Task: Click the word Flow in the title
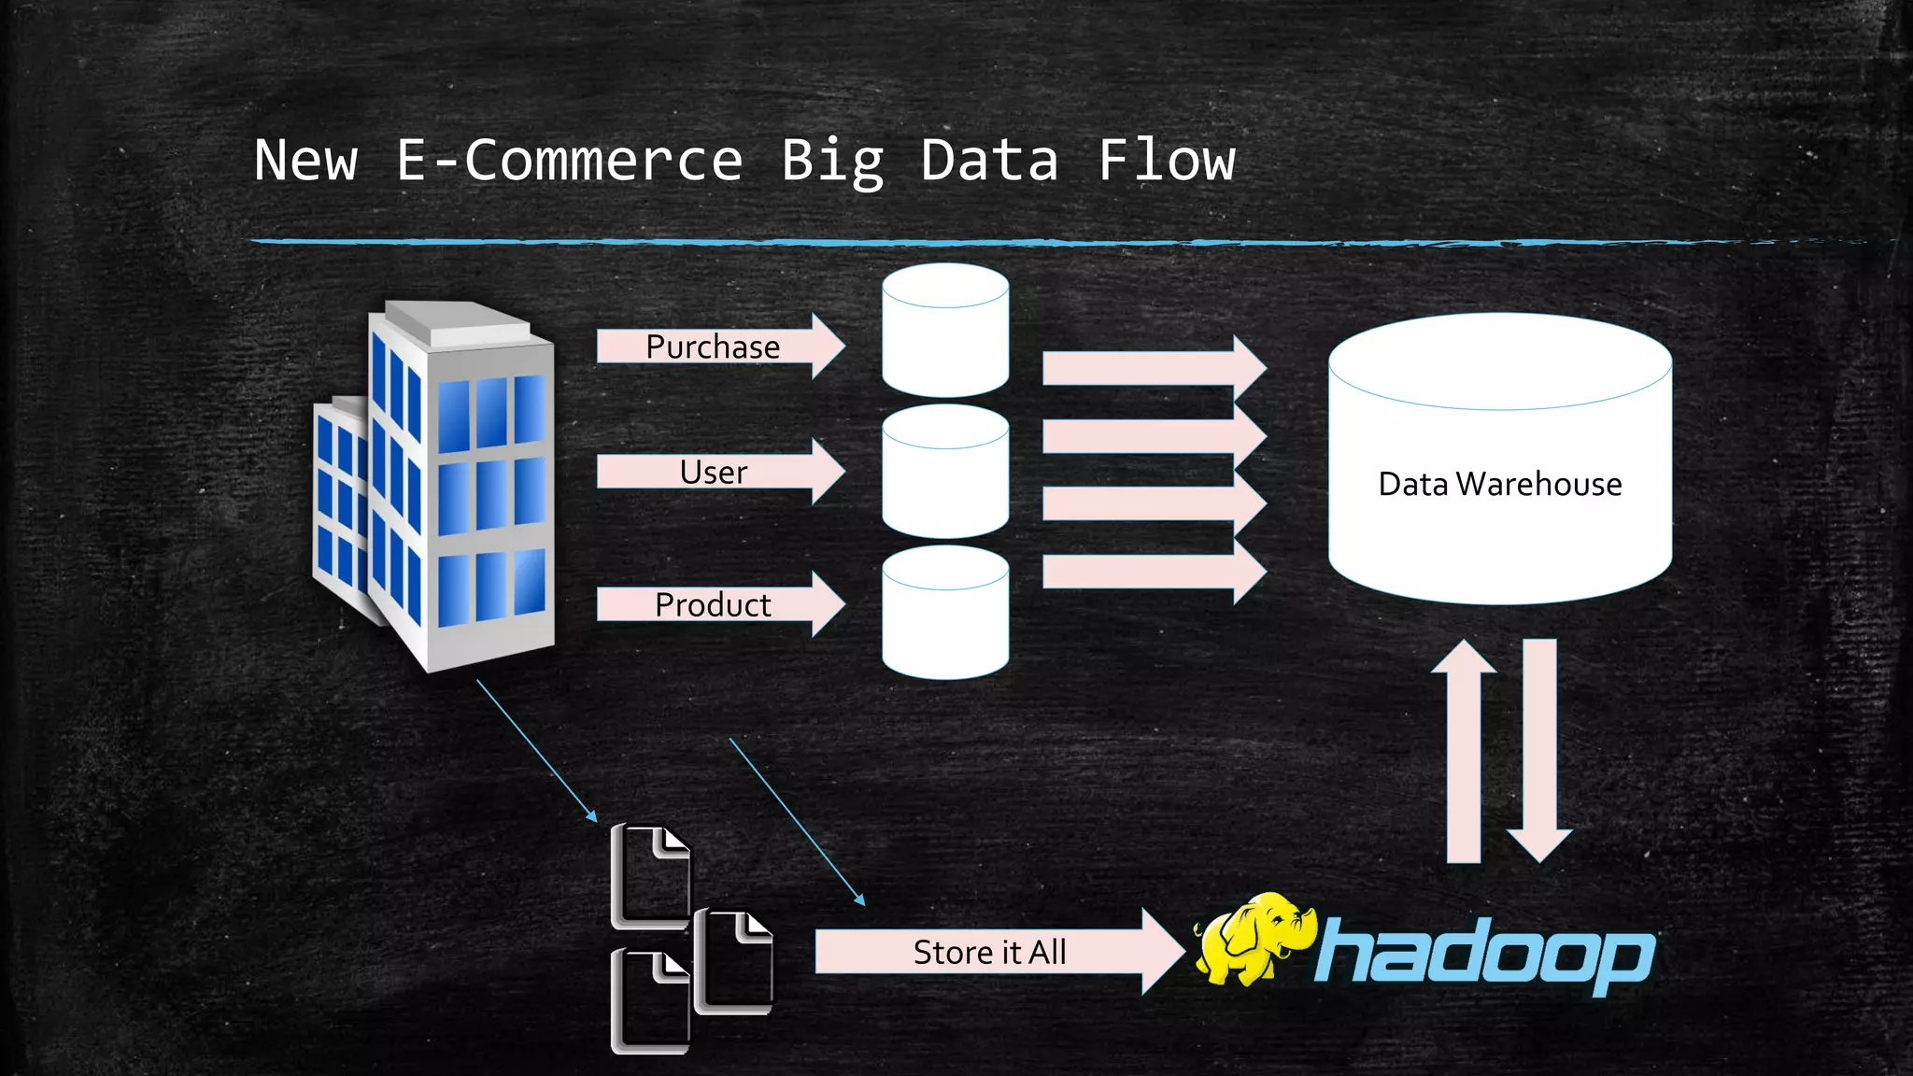1167,161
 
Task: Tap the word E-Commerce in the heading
569,161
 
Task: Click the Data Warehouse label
1499,484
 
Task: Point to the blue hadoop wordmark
1485,955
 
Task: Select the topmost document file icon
650,876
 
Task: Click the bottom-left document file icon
650,1001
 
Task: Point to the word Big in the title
831,161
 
